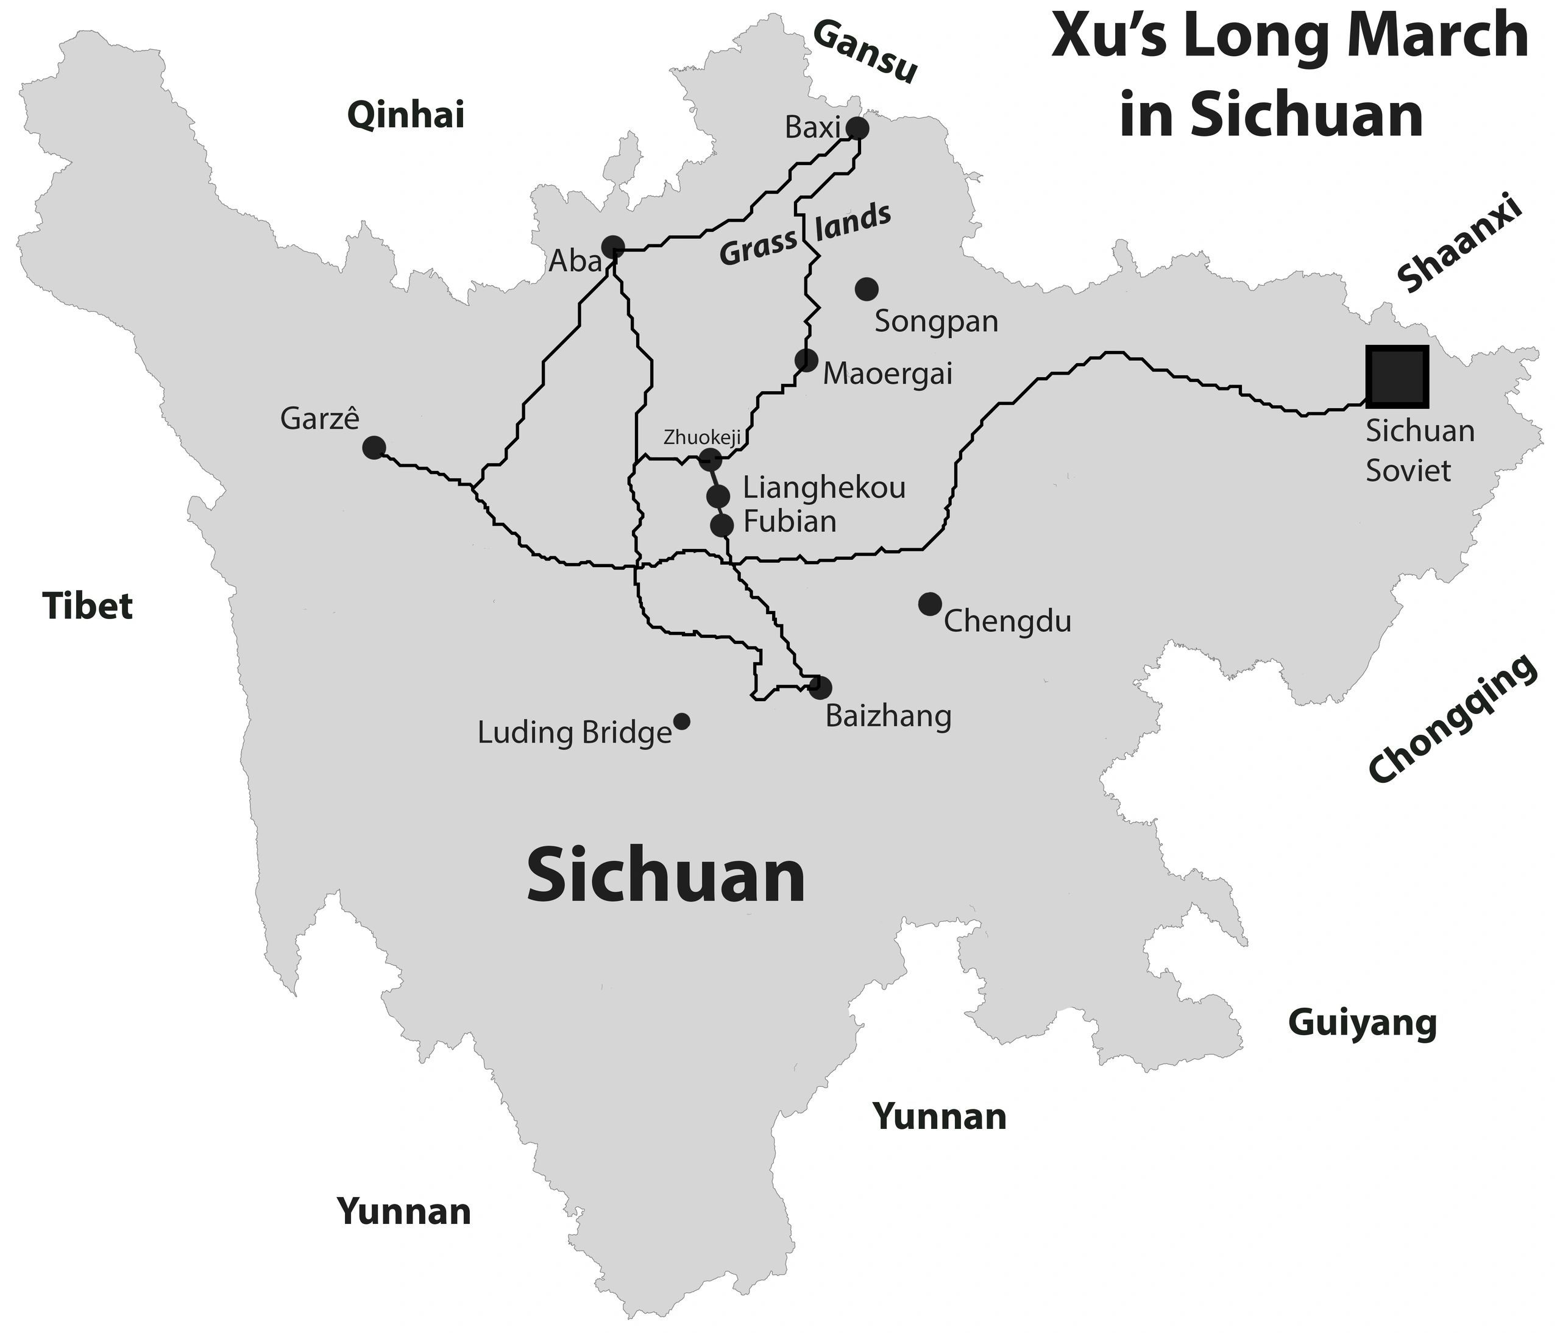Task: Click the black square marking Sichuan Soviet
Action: coord(1397,377)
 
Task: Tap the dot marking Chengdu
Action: coord(930,603)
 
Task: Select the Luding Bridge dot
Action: coord(681,721)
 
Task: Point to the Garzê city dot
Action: coord(374,448)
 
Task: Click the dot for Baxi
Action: coord(857,129)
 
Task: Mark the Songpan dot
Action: coord(867,288)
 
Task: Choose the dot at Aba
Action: coord(613,246)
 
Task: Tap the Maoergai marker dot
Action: coord(806,360)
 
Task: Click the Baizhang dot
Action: coord(821,687)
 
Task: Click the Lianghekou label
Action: coord(824,488)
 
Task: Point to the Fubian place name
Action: coord(790,522)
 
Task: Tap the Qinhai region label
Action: coord(406,116)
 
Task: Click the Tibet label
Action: coord(88,606)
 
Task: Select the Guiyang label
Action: coord(1362,1023)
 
